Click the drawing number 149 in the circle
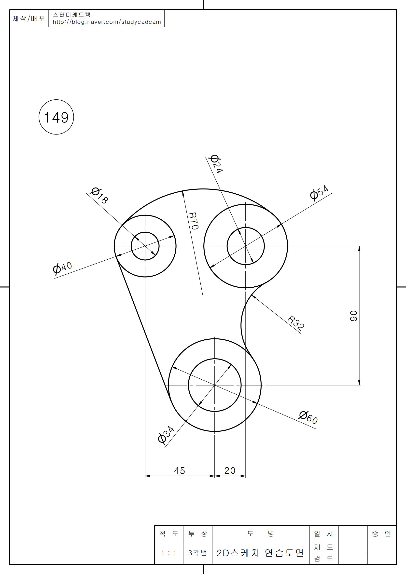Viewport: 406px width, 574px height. pos(56,118)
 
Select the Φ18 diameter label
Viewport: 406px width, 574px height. pos(99,196)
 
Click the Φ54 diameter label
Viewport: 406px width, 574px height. pos(319,193)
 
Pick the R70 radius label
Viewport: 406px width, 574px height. pos(194,221)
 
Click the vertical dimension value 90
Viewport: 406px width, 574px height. pos(353,316)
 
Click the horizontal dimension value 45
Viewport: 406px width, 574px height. pos(179,471)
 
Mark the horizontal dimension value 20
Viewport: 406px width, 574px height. pos(230,471)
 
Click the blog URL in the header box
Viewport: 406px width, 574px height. pos(107,22)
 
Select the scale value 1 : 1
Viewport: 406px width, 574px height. pos(169,553)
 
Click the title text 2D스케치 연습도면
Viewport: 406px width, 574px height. pos(260,553)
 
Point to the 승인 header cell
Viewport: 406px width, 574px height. pos(381,534)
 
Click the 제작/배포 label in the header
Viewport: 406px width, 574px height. pos(29,18)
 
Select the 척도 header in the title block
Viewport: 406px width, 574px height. pos(169,534)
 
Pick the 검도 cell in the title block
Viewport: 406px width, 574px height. pos(323,559)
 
